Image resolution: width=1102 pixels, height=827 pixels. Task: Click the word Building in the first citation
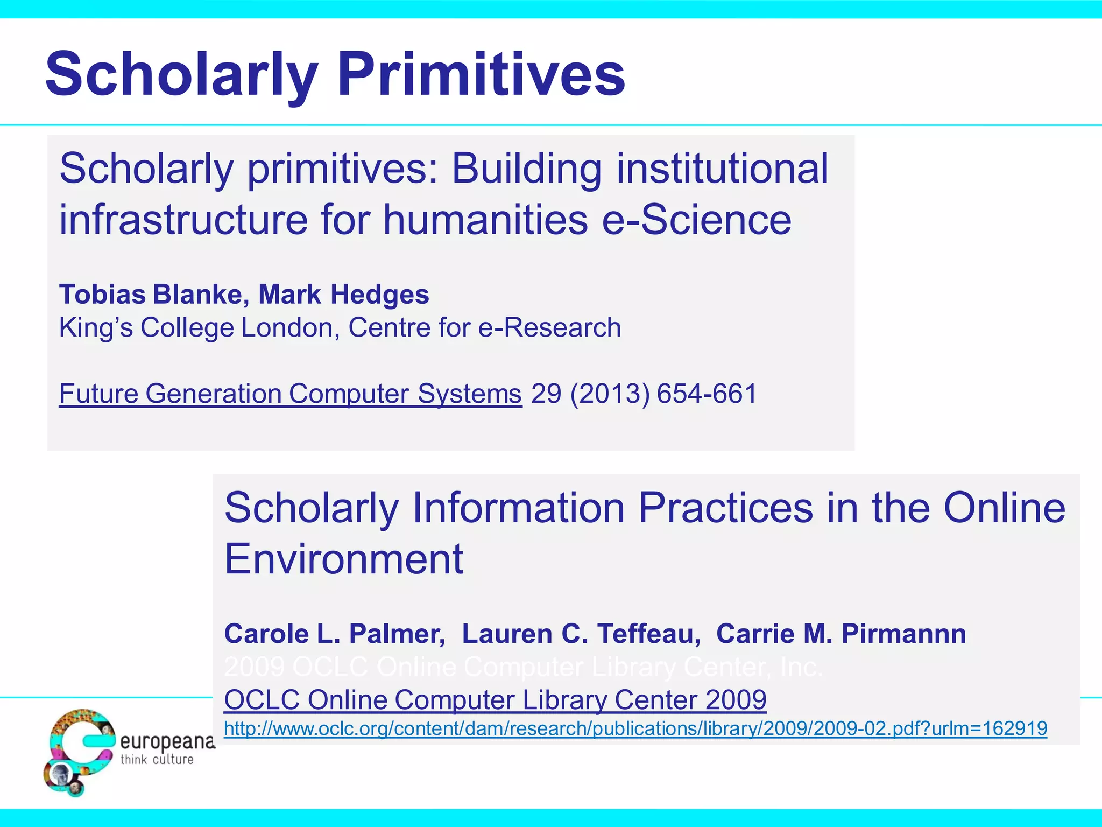[526, 169]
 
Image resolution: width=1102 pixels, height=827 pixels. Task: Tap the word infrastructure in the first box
[183, 220]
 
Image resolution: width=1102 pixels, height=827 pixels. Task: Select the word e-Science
[696, 220]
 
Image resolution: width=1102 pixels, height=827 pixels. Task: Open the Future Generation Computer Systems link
[290, 394]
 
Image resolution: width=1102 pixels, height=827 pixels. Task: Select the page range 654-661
[707, 394]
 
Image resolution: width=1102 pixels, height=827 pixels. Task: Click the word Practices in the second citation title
[725, 508]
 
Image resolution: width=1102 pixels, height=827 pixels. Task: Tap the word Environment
[344, 559]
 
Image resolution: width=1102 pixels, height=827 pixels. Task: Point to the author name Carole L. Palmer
[334, 634]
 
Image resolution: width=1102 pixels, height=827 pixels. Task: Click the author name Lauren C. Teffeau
[581, 634]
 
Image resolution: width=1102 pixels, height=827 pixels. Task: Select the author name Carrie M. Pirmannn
[841, 634]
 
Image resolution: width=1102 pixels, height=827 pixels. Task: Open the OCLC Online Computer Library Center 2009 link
[495, 700]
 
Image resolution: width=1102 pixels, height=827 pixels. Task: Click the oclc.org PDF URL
[635, 728]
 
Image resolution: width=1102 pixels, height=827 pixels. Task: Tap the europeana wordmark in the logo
[167, 742]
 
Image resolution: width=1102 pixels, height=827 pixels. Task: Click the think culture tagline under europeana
[157, 760]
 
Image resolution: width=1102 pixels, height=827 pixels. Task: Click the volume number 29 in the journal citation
[546, 394]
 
